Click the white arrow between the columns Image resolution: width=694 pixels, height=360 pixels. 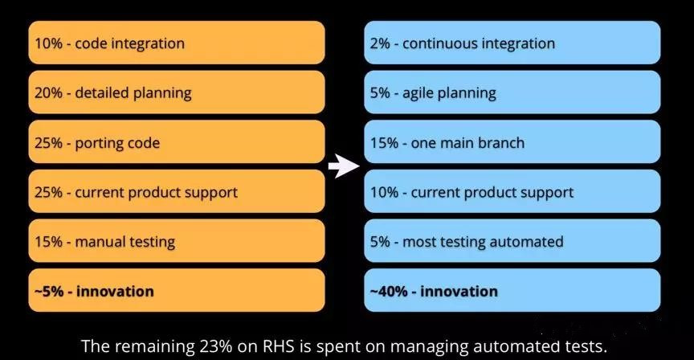pyautogui.click(x=344, y=166)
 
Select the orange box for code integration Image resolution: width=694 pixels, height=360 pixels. pyautogui.click(x=177, y=43)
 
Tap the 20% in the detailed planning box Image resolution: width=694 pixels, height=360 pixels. pyautogui.click(x=48, y=93)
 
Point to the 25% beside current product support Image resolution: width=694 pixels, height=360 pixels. pyautogui.click(x=48, y=192)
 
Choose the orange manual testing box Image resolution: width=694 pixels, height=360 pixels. pyautogui.click(x=177, y=241)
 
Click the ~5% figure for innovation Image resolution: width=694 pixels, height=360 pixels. pyautogui.click(x=49, y=292)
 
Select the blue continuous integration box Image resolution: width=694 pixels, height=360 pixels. pyautogui.click(x=512, y=43)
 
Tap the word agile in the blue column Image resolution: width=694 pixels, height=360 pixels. pyautogui.click(x=418, y=93)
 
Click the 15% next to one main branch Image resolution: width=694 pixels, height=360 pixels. pyautogui.click(x=384, y=143)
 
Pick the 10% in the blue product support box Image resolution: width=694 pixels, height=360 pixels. pyautogui.click(x=384, y=192)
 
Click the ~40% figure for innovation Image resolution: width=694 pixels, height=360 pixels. pyautogui.click(x=389, y=292)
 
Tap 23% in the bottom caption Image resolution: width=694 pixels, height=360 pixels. pyautogui.click(x=215, y=346)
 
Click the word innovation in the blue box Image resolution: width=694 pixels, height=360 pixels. pyautogui.click(x=459, y=292)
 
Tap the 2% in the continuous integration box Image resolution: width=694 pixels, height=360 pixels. pyautogui.click(x=380, y=43)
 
